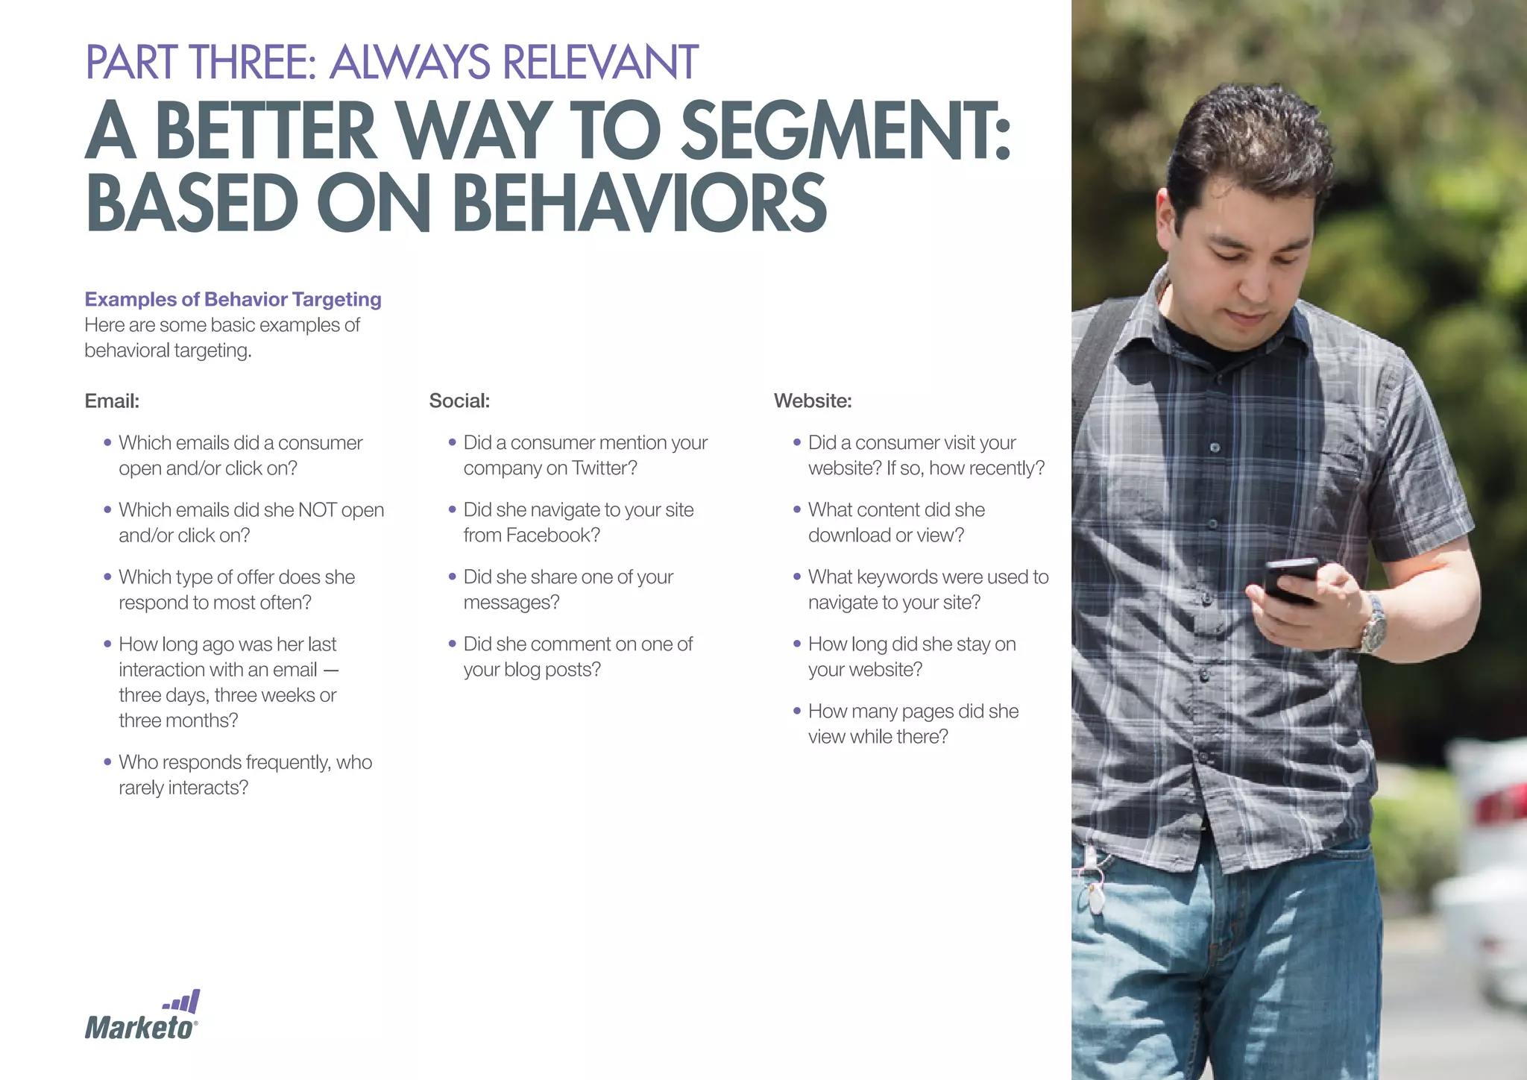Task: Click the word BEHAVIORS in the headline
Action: coord(640,203)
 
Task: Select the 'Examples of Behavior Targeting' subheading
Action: coord(233,299)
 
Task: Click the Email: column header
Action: coord(112,401)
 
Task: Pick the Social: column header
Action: coord(459,401)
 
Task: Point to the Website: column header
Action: coord(813,401)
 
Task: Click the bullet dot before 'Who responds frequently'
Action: coord(108,762)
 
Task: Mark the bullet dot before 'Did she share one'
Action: coord(453,577)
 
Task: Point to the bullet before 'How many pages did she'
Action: coord(797,711)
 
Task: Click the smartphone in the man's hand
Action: coord(1289,581)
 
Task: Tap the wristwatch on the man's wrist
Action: coord(1373,624)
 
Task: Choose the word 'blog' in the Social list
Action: coord(521,670)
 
